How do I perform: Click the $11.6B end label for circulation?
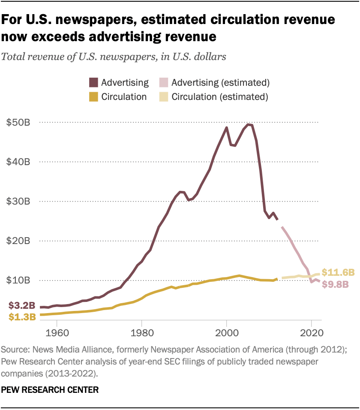[338, 272]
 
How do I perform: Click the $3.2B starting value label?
[21, 306]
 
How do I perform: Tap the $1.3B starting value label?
[21, 317]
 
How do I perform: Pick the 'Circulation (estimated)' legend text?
[220, 96]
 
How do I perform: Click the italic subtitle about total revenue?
[114, 57]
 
